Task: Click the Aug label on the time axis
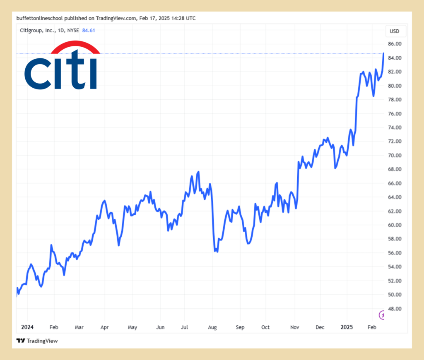[212, 327]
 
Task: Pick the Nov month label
[294, 327]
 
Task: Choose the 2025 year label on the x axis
[347, 327]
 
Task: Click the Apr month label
[104, 327]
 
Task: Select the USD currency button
[395, 31]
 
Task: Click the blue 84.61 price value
[89, 30]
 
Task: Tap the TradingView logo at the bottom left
[37, 341]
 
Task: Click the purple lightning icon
[383, 315]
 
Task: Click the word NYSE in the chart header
[73, 30]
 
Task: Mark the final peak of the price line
[383, 53]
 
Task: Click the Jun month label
[160, 327]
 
